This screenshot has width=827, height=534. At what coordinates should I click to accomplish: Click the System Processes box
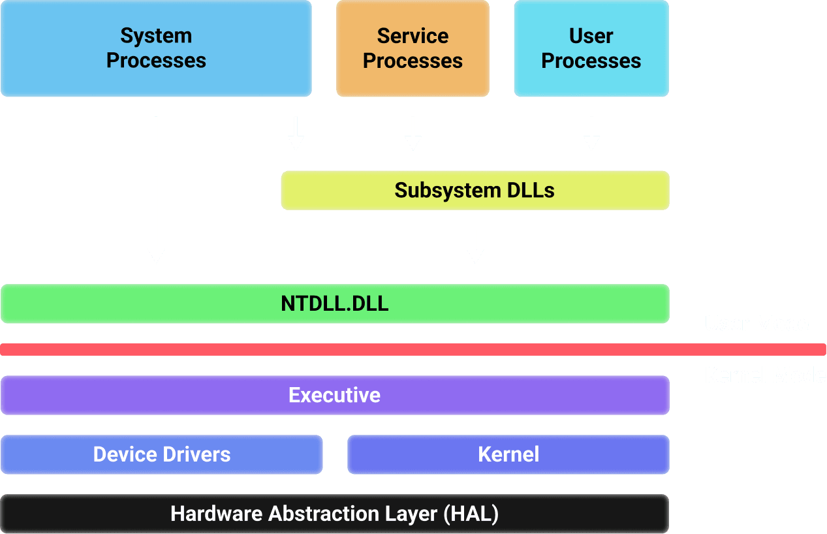coord(155,48)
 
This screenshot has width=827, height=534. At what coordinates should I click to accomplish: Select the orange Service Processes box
coord(413,48)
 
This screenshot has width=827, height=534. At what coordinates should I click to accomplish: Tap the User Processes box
coord(591,48)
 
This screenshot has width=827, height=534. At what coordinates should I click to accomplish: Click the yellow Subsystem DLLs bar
coord(475,190)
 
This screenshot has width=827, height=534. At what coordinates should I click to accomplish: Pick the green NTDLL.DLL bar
coord(335,304)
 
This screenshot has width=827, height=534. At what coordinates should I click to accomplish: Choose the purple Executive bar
coord(335,395)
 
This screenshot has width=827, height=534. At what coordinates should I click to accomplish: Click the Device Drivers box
coord(161,454)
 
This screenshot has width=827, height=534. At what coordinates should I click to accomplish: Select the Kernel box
coord(508,454)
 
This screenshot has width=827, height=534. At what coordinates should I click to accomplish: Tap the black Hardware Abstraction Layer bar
coord(335,513)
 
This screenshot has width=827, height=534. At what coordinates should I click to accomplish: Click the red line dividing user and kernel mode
coord(413,349)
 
